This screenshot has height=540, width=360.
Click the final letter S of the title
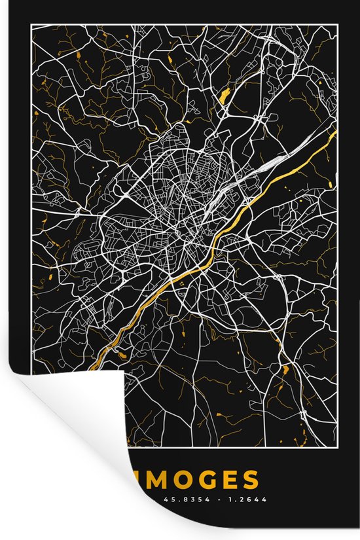click(249, 480)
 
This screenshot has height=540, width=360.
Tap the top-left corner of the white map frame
click(32, 25)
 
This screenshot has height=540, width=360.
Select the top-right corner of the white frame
click(339, 25)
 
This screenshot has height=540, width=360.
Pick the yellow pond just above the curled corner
click(121, 354)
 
